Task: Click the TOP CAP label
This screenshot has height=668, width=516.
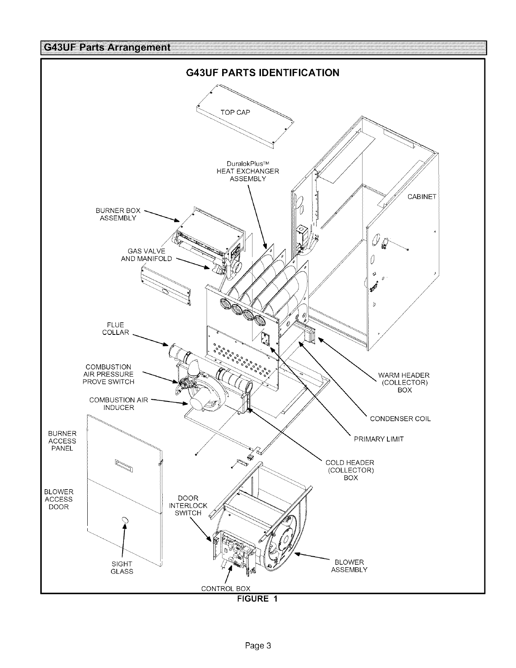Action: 235,112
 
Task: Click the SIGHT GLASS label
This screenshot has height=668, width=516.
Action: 122,568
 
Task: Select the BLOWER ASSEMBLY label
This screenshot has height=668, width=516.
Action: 349,566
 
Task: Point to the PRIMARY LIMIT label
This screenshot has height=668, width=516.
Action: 379,439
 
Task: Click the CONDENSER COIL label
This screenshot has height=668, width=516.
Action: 400,419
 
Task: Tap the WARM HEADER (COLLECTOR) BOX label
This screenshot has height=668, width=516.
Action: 404,382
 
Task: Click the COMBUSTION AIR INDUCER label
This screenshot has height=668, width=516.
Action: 118,404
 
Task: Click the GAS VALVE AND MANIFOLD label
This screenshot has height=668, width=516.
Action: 146,255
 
